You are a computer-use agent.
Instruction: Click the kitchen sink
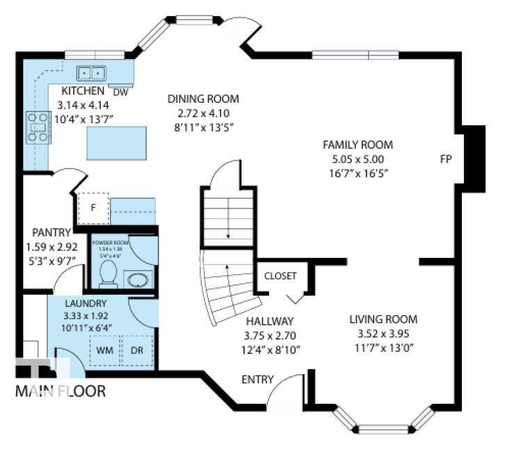tap(90, 72)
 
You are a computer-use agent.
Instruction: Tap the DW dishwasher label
tap(120, 92)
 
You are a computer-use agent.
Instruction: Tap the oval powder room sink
tap(136, 280)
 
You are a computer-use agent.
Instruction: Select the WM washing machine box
tap(104, 350)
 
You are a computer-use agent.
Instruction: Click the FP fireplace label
tap(446, 159)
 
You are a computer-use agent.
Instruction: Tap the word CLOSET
tap(280, 276)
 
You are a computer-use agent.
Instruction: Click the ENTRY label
tap(256, 380)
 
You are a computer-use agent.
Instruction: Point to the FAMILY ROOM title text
tap(357, 145)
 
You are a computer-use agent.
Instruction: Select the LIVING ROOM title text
tap(383, 319)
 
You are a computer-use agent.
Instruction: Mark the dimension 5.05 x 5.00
tap(357, 159)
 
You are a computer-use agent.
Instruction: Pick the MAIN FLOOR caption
tap(61, 392)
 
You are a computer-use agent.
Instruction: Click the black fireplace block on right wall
tap(474, 157)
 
